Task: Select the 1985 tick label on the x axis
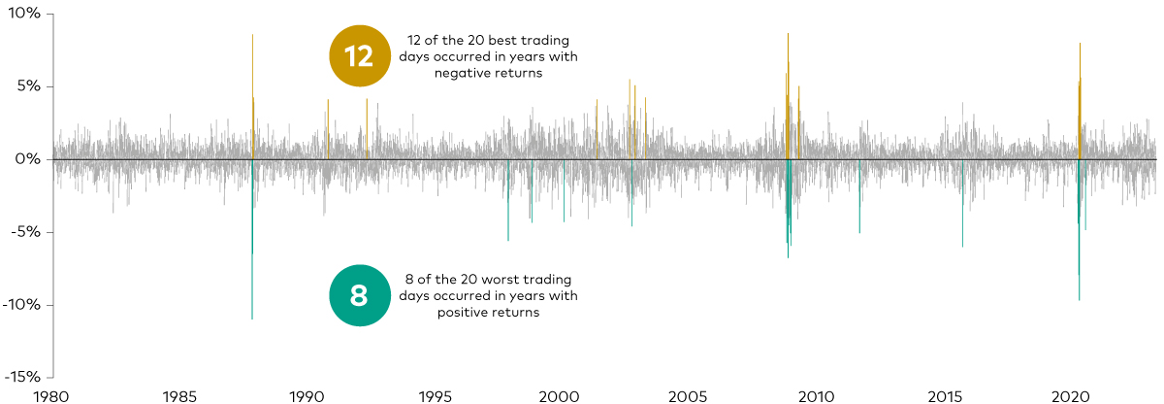(x=179, y=395)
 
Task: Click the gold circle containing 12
(x=359, y=56)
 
